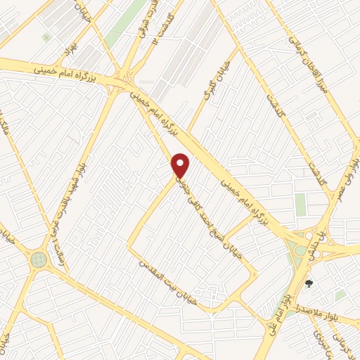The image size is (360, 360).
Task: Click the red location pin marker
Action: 181,165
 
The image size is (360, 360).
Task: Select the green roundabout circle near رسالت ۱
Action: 38,261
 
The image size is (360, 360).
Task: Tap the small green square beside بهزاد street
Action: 46,37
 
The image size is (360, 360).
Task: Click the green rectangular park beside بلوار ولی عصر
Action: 300,204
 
